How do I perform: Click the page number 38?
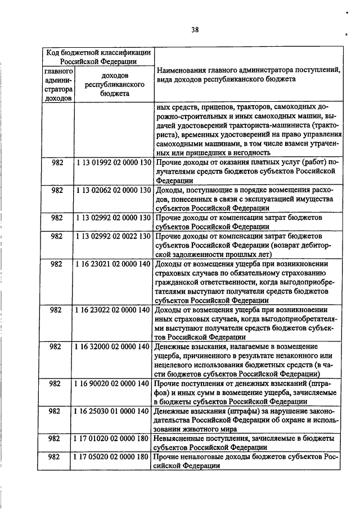coord(194,30)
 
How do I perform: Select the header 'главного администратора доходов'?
coord(58,85)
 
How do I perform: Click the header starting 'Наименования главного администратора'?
coord(248,75)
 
